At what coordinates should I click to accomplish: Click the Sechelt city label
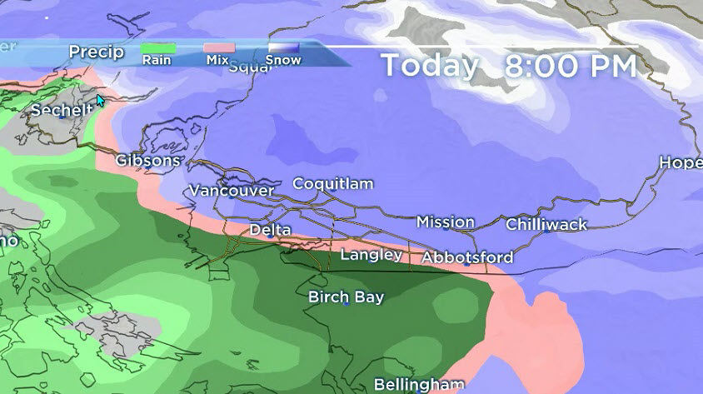click(x=62, y=110)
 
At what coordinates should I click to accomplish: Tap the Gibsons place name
click(x=147, y=160)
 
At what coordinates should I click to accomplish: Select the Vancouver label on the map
click(x=231, y=191)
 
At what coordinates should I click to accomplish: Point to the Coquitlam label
click(x=332, y=183)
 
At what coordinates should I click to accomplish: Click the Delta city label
click(x=270, y=229)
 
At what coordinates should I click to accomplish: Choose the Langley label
click(x=371, y=254)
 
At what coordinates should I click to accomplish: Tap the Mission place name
click(x=446, y=222)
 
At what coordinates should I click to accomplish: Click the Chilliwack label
click(x=546, y=224)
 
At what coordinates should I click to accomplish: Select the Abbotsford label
click(x=466, y=257)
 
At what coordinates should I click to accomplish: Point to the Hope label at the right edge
click(x=681, y=162)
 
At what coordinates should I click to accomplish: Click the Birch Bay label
click(x=346, y=297)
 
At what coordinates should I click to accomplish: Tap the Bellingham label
click(x=418, y=384)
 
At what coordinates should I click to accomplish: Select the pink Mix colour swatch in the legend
click(x=219, y=49)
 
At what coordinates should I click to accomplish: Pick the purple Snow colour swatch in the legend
click(x=283, y=49)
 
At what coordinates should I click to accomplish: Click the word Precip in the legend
click(x=96, y=52)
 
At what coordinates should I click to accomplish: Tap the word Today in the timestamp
click(x=430, y=65)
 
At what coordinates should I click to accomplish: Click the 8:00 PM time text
click(x=570, y=65)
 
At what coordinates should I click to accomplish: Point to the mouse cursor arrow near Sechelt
click(x=100, y=100)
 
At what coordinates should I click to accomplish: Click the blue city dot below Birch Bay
click(x=346, y=304)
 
